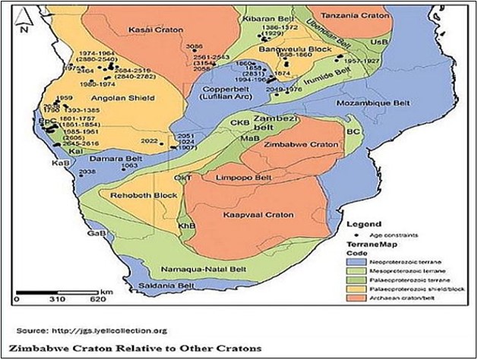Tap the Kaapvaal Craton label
click(x=249, y=216)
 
